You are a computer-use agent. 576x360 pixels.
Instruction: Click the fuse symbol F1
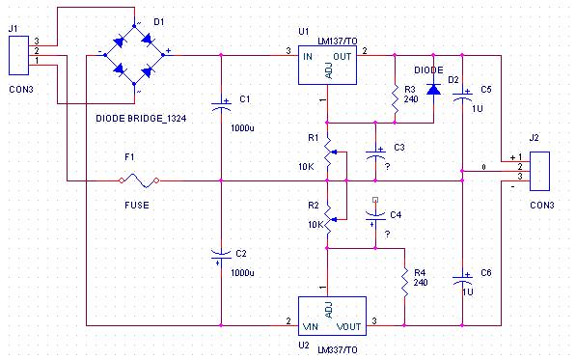tap(139, 180)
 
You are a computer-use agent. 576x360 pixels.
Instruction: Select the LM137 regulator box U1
tap(327, 65)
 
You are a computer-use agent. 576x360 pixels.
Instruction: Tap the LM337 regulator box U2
tap(332, 316)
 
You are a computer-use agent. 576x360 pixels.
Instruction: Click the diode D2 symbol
tap(433, 89)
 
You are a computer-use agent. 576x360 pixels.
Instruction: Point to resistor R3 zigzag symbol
tap(395, 99)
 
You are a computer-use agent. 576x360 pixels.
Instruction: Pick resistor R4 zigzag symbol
tap(404, 283)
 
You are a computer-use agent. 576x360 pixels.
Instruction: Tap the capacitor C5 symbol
tap(462, 96)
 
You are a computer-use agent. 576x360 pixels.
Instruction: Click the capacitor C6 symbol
tap(462, 279)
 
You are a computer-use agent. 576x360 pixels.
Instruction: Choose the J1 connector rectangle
tap(18, 55)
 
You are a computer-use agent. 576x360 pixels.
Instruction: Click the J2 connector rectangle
tap(539, 171)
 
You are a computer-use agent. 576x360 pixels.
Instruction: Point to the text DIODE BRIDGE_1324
tap(141, 119)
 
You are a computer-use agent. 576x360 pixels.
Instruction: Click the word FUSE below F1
tap(137, 205)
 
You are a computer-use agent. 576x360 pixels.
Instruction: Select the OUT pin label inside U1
tap(342, 57)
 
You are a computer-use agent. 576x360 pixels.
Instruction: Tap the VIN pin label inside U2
tap(310, 326)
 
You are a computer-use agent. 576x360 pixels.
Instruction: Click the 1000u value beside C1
tap(242, 128)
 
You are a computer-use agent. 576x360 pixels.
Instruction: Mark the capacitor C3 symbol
tap(375, 153)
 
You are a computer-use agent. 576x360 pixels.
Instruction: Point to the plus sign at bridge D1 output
tap(168, 51)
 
